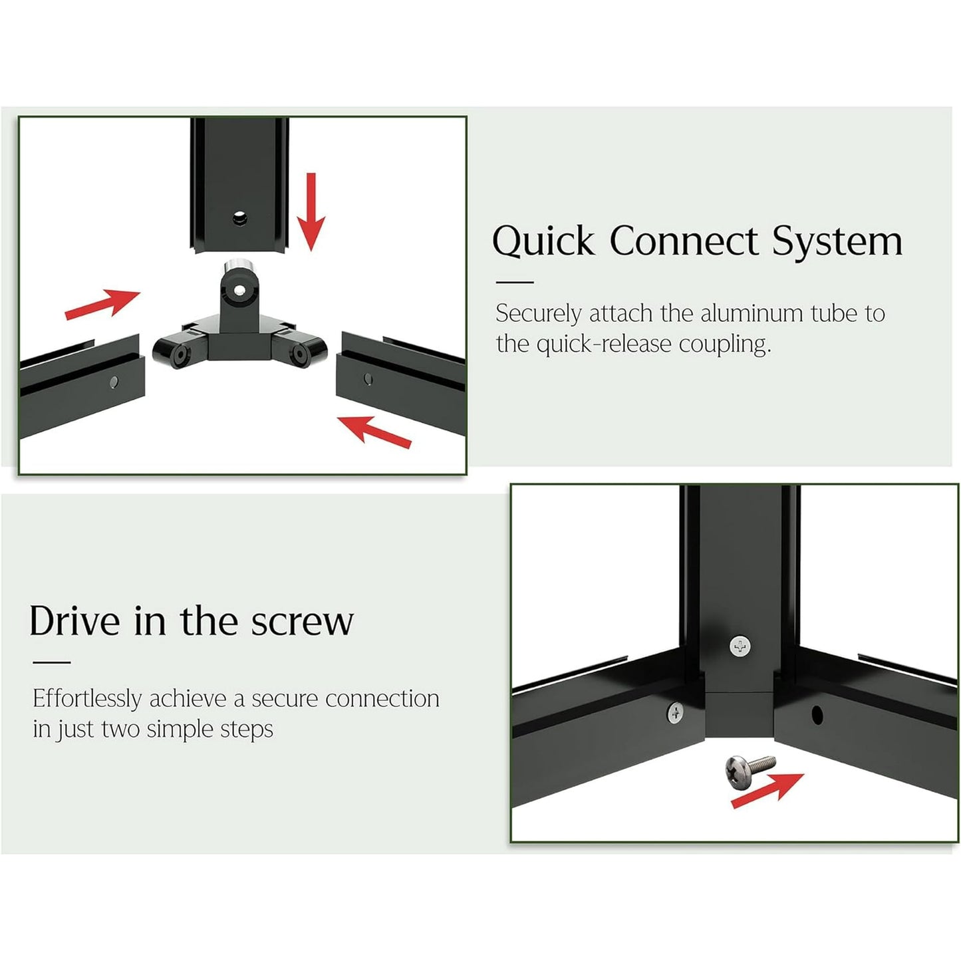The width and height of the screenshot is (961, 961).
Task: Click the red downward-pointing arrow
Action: pyautogui.click(x=311, y=211)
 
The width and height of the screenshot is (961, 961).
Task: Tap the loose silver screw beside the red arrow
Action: pyautogui.click(x=750, y=771)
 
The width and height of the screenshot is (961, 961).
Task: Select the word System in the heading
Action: pyautogui.click(x=837, y=241)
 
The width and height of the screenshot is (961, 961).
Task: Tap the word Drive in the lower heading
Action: pyautogui.click(x=74, y=620)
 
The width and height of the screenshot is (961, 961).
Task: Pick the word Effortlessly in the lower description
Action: pyautogui.click(x=87, y=699)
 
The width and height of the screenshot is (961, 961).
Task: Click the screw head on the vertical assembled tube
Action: pyautogui.click(x=740, y=646)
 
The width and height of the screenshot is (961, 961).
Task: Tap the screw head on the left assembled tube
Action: pyautogui.click(x=675, y=713)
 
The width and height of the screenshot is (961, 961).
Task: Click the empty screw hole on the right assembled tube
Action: pyautogui.click(x=817, y=715)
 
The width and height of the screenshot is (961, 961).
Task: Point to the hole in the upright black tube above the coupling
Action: pyautogui.click(x=240, y=217)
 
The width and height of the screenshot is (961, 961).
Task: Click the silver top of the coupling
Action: pyautogui.click(x=237, y=264)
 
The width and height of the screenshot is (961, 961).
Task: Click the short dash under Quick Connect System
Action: pyautogui.click(x=514, y=282)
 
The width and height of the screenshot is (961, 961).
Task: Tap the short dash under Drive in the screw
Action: pyautogui.click(x=52, y=662)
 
